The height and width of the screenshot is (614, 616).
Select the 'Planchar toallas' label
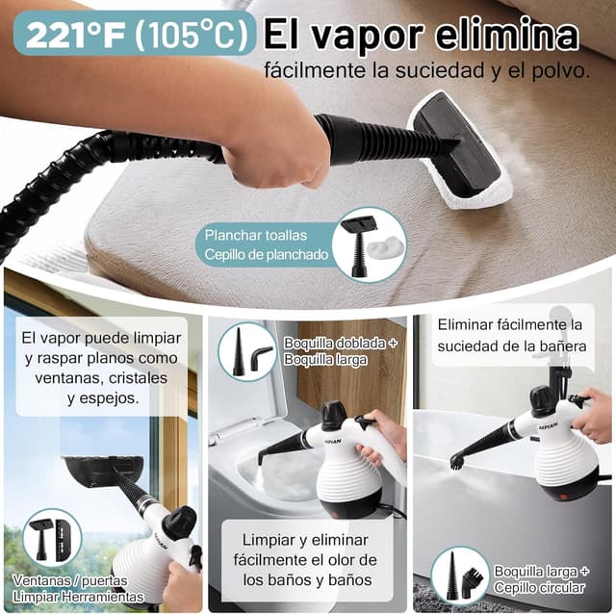(x=246, y=235)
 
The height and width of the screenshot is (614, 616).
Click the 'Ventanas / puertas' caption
(x=70, y=580)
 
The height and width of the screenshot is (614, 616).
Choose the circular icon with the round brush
(x=459, y=575)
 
